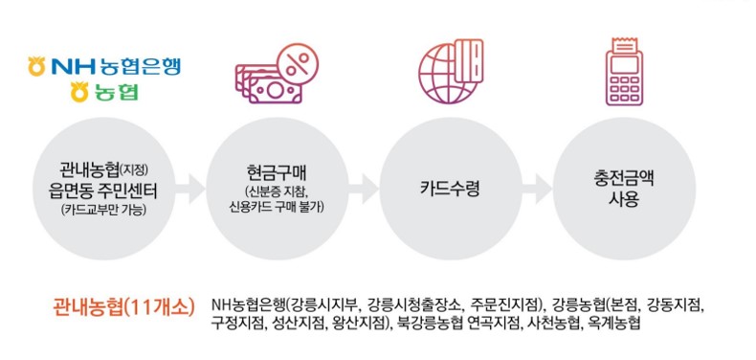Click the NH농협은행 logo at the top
click(104, 67)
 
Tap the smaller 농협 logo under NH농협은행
click(104, 93)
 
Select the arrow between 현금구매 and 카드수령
click(363, 186)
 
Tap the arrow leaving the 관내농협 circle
click(188, 186)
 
